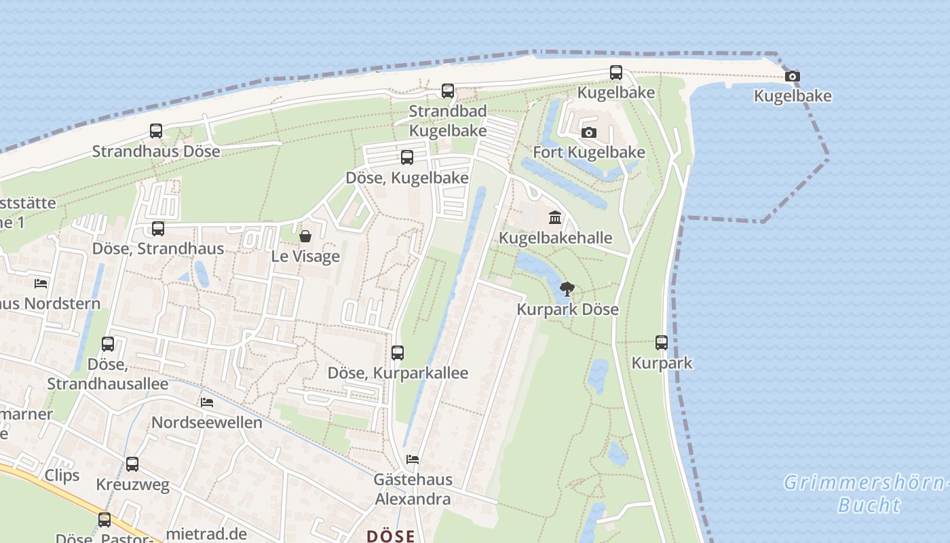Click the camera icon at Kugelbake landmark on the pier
click(x=792, y=76)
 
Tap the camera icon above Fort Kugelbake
click(x=589, y=132)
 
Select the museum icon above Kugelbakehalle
click(x=555, y=218)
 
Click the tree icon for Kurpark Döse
click(x=567, y=290)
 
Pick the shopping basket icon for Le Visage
click(x=305, y=236)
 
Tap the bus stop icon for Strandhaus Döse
click(x=156, y=131)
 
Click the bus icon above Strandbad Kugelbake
click(x=447, y=90)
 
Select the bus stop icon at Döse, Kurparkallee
click(x=398, y=353)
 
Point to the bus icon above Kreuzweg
click(x=132, y=464)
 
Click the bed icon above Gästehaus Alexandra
click(x=413, y=460)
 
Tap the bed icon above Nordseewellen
click(x=207, y=402)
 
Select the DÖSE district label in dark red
click(x=391, y=536)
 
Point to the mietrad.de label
click(x=206, y=533)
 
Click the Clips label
click(x=62, y=475)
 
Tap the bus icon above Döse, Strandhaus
click(x=158, y=229)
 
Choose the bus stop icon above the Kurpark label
click(x=662, y=343)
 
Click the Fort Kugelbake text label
click(x=589, y=152)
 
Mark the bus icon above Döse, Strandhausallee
click(x=108, y=344)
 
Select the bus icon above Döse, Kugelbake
click(x=407, y=157)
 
